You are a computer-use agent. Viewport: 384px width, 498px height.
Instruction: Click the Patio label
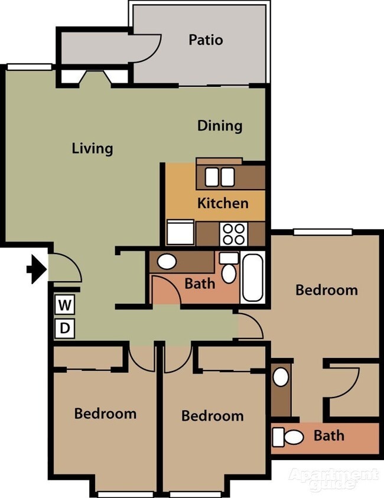coord(206,40)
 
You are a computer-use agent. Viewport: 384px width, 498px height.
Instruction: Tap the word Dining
coord(220,126)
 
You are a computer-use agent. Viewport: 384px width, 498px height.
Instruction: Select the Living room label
coord(92,148)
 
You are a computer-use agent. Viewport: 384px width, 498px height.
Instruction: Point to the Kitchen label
coord(223,204)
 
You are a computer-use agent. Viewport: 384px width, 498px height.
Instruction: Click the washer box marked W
coord(65,305)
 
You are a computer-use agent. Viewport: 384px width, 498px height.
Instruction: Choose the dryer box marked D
coord(65,328)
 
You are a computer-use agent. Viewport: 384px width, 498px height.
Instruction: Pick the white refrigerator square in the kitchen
coord(180,232)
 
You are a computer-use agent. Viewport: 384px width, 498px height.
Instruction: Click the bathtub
coord(253,276)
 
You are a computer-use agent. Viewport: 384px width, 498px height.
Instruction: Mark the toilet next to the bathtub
coord(229,269)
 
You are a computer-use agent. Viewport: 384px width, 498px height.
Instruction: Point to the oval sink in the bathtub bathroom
coord(166,261)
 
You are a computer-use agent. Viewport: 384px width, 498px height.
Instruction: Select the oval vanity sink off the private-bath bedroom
coord(281,377)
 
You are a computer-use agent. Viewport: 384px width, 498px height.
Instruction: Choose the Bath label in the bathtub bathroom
coord(200,284)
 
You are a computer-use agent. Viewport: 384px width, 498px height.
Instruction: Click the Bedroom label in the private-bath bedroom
coord(326,290)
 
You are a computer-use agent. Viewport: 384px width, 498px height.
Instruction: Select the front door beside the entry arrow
coord(64,267)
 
